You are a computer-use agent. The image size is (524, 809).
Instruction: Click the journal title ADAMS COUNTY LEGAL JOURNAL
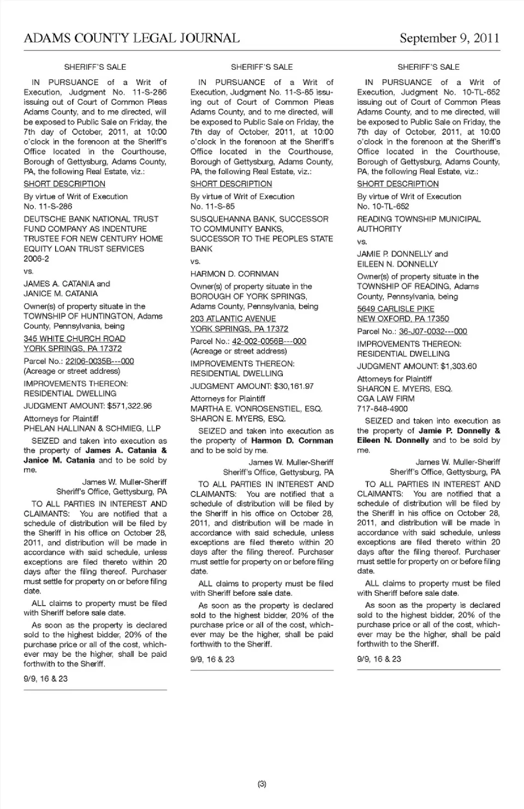[x=132, y=38]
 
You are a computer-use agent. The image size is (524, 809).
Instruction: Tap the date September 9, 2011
[x=449, y=38]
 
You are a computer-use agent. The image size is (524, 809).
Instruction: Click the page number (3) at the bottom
[x=262, y=784]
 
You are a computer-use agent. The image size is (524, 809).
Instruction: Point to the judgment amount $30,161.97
[x=294, y=386]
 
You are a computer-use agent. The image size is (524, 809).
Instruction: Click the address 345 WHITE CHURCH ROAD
[x=74, y=339]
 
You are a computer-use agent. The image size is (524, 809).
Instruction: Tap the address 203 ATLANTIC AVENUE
[x=233, y=319]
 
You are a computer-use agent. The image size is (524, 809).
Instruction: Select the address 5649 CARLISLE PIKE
[x=396, y=309]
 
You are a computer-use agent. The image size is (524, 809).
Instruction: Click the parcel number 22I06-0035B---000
[x=99, y=361]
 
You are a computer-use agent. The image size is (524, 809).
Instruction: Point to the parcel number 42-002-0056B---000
[x=269, y=341]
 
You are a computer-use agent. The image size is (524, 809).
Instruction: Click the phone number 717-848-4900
[x=382, y=409]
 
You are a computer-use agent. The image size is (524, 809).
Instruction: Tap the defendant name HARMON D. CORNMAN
[x=234, y=274]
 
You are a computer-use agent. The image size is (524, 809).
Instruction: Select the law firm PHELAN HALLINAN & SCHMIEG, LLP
[x=92, y=428]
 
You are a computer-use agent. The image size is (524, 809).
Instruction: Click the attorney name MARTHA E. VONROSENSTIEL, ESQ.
[x=256, y=409]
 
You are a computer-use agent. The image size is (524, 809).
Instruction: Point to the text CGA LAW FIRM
[x=385, y=399]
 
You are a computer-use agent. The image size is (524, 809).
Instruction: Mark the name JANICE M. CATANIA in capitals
[x=61, y=293]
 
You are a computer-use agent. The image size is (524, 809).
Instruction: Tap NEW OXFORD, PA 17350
[x=403, y=319]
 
